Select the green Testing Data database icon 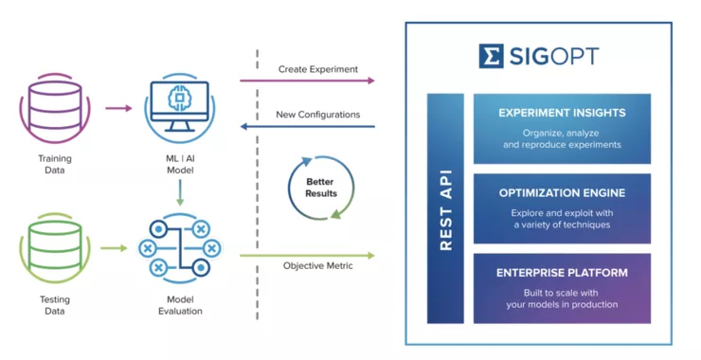(55, 248)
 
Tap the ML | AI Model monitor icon (180, 107)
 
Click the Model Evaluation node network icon (180, 248)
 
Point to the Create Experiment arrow (307, 81)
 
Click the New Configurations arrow (307, 127)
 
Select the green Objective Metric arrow (307, 256)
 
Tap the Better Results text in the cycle (320, 188)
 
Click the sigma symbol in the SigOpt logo (491, 56)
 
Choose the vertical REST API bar (445, 208)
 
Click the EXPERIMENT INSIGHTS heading (562, 113)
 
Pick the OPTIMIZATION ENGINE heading (562, 193)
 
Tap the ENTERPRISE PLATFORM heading (562, 273)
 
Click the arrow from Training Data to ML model (119, 108)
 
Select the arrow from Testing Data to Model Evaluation (114, 248)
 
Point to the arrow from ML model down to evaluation (180, 192)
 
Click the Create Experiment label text (318, 69)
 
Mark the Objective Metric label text (318, 265)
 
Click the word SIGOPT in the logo (553, 56)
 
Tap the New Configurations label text (318, 115)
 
